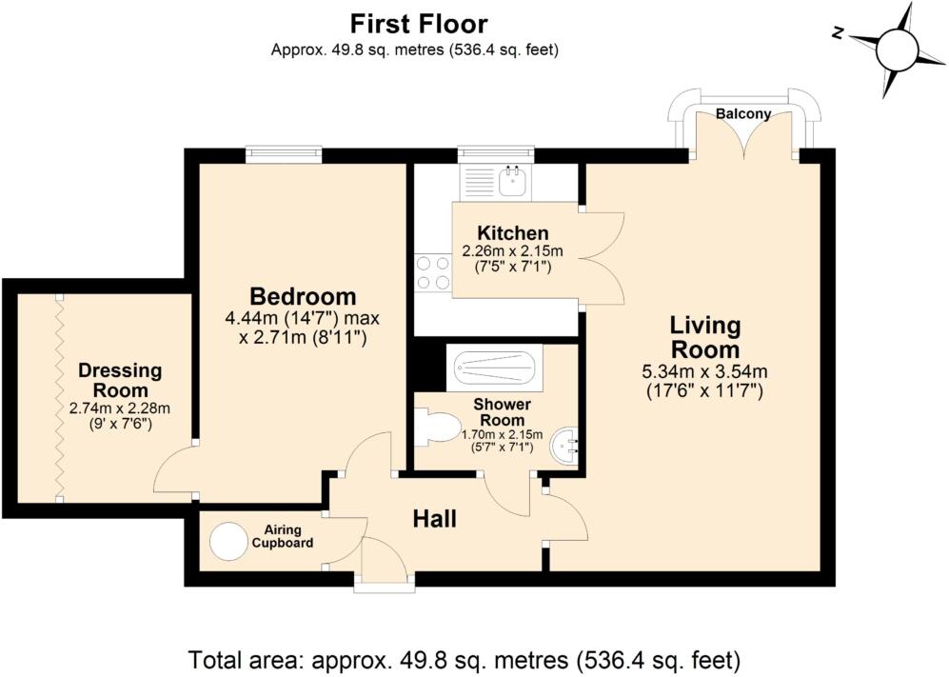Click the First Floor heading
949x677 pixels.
point(419,25)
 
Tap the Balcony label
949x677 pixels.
point(743,113)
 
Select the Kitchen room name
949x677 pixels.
point(513,233)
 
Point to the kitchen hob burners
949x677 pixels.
point(434,272)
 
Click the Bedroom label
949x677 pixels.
point(304,297)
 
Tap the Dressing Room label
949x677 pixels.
point(121,380)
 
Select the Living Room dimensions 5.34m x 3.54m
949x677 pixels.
point(705,371)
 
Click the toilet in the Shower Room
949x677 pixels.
point(436,428)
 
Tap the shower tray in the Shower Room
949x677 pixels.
point(494,368)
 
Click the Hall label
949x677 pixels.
point(435,519)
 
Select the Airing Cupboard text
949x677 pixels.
point(283,536)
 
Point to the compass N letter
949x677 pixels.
point(838,33)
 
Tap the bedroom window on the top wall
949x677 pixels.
point(284,155)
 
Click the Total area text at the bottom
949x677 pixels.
point(465,659)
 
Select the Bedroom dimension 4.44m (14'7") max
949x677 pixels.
point(303,318)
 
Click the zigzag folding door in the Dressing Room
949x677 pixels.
point(59,397)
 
